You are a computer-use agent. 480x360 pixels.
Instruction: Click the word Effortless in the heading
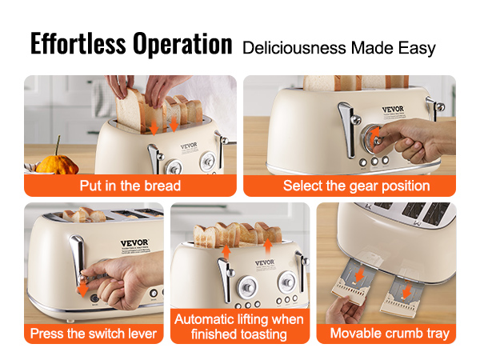pos(78,43)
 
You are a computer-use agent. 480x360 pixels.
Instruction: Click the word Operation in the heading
pos(182,45)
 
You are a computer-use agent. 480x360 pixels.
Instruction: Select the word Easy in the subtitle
pos(417,49)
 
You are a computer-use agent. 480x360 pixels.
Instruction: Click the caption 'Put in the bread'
pos(130,186)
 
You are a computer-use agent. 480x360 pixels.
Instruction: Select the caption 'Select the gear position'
pos(356,186)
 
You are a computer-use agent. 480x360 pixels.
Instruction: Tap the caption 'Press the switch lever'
pos(94,333)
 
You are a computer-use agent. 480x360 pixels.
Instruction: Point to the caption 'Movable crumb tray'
pos(390,333)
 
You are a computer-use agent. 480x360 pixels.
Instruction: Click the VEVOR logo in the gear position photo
pos(393,109)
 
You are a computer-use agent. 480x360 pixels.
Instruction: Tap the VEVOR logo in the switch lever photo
pos(134,243)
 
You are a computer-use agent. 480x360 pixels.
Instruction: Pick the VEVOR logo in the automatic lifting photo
pos(265,262)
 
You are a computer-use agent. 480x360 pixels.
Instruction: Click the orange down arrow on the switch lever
pos(82,289)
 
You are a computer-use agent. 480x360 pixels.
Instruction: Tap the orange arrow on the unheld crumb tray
pos(407,291)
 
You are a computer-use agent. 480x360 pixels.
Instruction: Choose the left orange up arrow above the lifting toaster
pos(226,252)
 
